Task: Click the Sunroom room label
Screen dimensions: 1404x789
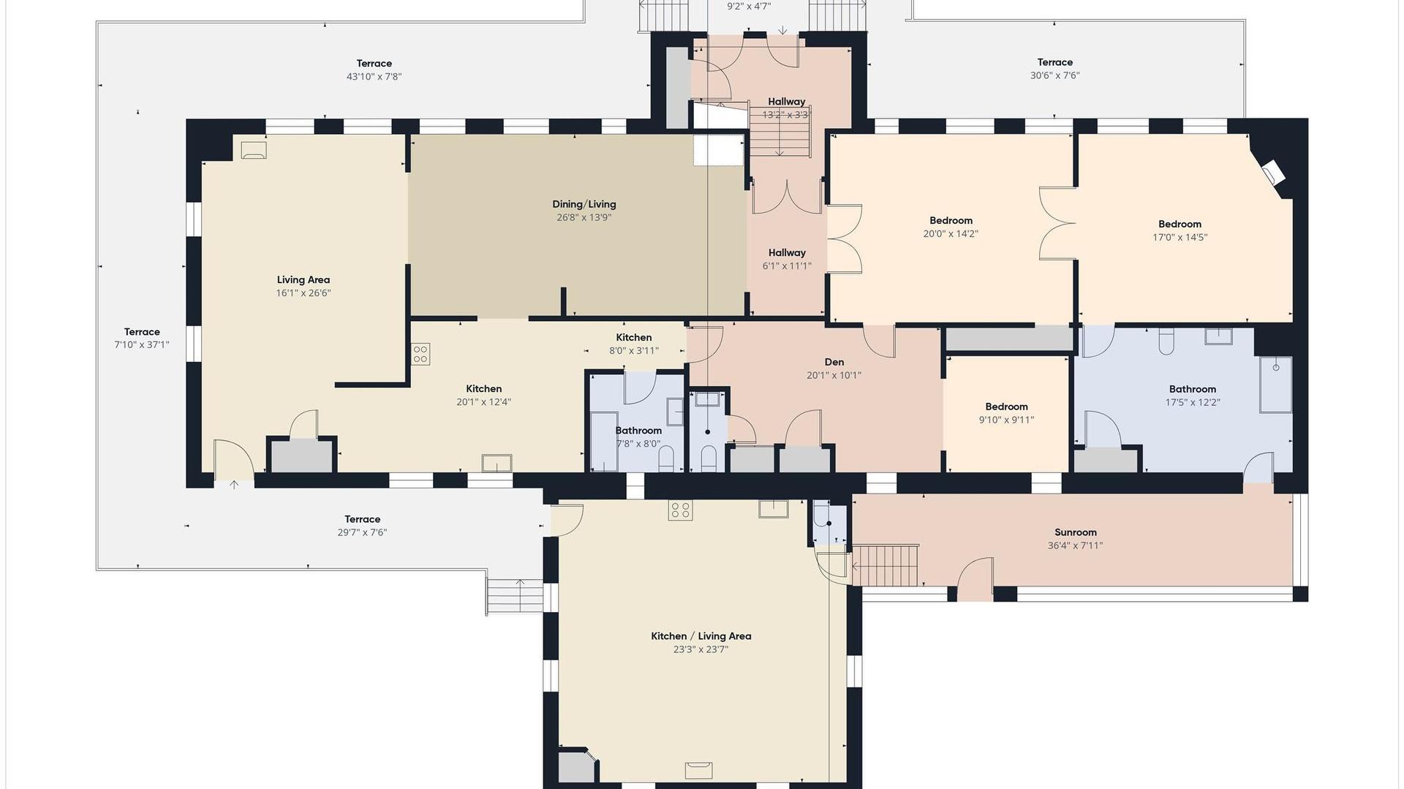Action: click(1075, 532)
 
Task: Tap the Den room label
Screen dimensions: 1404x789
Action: click(834, 362)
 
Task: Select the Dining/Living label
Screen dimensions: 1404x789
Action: click(584, 205)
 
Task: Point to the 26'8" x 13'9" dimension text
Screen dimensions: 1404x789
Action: click(584, 218)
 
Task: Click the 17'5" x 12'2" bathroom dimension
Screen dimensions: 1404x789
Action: click(1193, 402)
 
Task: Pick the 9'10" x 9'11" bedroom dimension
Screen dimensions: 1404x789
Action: click(1006, 420)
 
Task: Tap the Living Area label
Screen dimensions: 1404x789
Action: click(303, 280)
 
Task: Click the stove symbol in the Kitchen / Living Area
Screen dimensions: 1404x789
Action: click(680, 510)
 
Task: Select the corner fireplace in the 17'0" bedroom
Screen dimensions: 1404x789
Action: click(1272, 172)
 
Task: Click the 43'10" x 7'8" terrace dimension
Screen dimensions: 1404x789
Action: click(374, 77)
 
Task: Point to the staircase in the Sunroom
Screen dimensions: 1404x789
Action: click(885, 565)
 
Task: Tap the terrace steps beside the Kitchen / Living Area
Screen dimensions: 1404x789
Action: click(516, 596)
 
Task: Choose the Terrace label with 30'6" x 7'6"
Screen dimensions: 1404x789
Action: click(1054, 62)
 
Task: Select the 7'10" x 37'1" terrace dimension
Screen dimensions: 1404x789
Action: click(142, 345)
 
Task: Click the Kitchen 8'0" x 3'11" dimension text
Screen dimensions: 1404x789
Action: click(634, 351)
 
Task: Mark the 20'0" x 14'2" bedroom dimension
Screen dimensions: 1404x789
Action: click(951, 234)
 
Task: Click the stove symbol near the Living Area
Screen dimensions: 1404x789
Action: click(420, 355)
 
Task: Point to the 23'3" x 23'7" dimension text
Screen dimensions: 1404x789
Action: click(701, 649)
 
